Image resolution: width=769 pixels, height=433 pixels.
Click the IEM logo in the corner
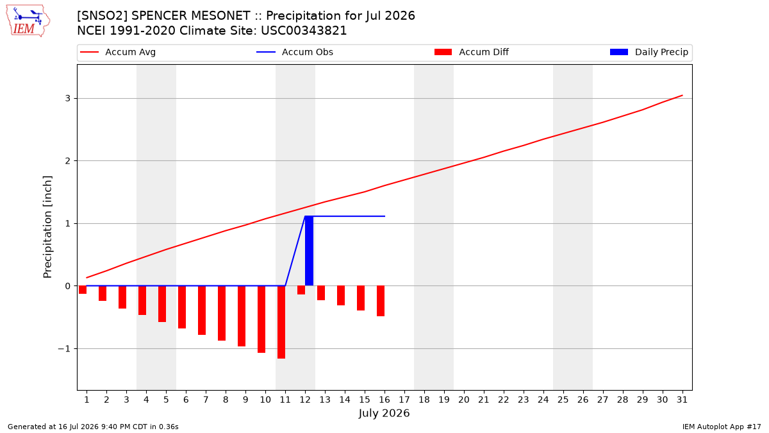[x=28, y=21]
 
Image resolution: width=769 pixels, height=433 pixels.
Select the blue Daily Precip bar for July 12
[x=309, y=251]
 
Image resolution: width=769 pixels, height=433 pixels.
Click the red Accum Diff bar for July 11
[x=281, y=322]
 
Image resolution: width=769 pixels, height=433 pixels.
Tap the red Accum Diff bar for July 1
[x=83, y=290]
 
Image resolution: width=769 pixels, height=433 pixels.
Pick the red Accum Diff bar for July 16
[x=381, y=301]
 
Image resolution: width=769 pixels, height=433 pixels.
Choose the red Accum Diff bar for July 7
[x=202, y=310]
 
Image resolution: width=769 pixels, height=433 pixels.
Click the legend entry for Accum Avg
[x=118, y=52]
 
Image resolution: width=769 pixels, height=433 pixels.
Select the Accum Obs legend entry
[x=295, y=52]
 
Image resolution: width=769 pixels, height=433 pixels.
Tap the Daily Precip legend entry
[x=649, y=52]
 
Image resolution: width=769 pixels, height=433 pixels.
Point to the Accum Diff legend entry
[x=472, y=52]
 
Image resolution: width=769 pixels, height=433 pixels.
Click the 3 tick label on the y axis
[x=68, y=98]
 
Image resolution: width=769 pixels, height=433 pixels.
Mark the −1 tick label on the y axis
[x=64, y=348]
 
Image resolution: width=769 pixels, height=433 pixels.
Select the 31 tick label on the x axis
[x=682, y=400]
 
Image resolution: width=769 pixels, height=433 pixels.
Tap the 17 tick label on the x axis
[x=404, y=400]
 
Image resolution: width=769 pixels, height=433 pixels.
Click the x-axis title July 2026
[x=384, y=413]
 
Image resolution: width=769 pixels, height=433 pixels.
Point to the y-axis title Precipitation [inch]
[x=47, y=227]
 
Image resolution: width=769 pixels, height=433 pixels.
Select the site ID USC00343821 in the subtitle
[x=304, y=31]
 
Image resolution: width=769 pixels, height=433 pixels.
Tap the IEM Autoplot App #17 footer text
[x=722, y=427]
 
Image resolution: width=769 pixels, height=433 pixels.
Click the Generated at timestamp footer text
[x=93, y=427]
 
